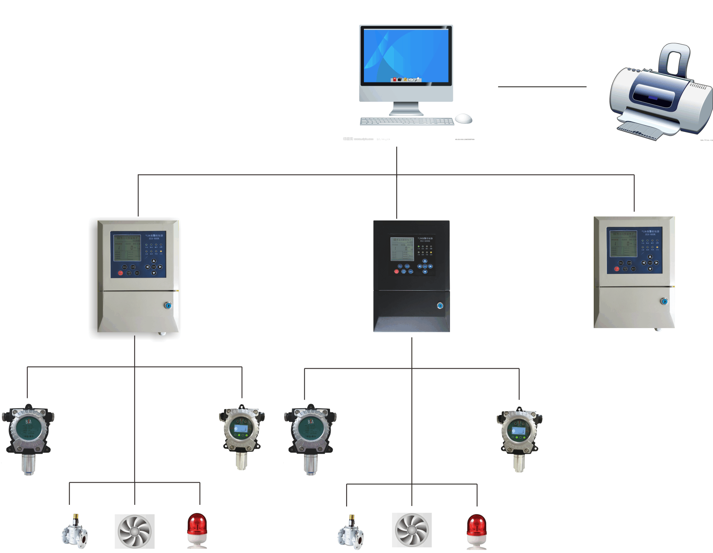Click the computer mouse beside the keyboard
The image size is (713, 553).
(464, 118)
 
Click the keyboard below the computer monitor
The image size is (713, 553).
(407, 121)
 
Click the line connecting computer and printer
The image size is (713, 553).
(542, 87)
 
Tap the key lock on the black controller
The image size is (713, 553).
(440, 305)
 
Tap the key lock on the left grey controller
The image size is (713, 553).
(168, 305)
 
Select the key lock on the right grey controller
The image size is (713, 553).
(664, 301)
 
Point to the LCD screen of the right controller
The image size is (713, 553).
(623, 244)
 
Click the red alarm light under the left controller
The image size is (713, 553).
(197, 530)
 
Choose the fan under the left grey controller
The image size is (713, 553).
(135, 531)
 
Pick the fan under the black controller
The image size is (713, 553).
(412, 530)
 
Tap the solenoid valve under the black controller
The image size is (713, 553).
(351, 530)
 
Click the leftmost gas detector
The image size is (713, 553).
(28, 436)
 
